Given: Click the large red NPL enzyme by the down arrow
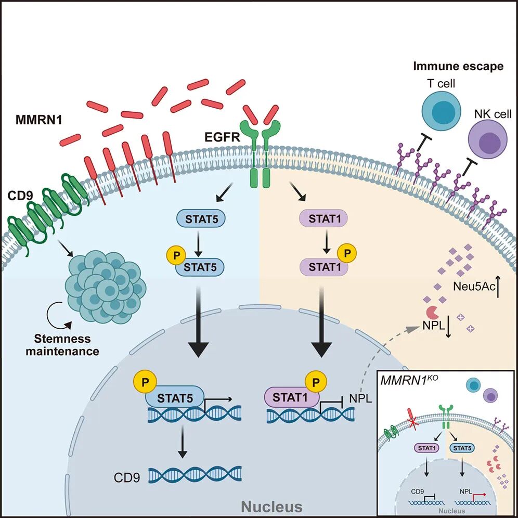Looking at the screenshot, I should [x=432, y=313].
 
